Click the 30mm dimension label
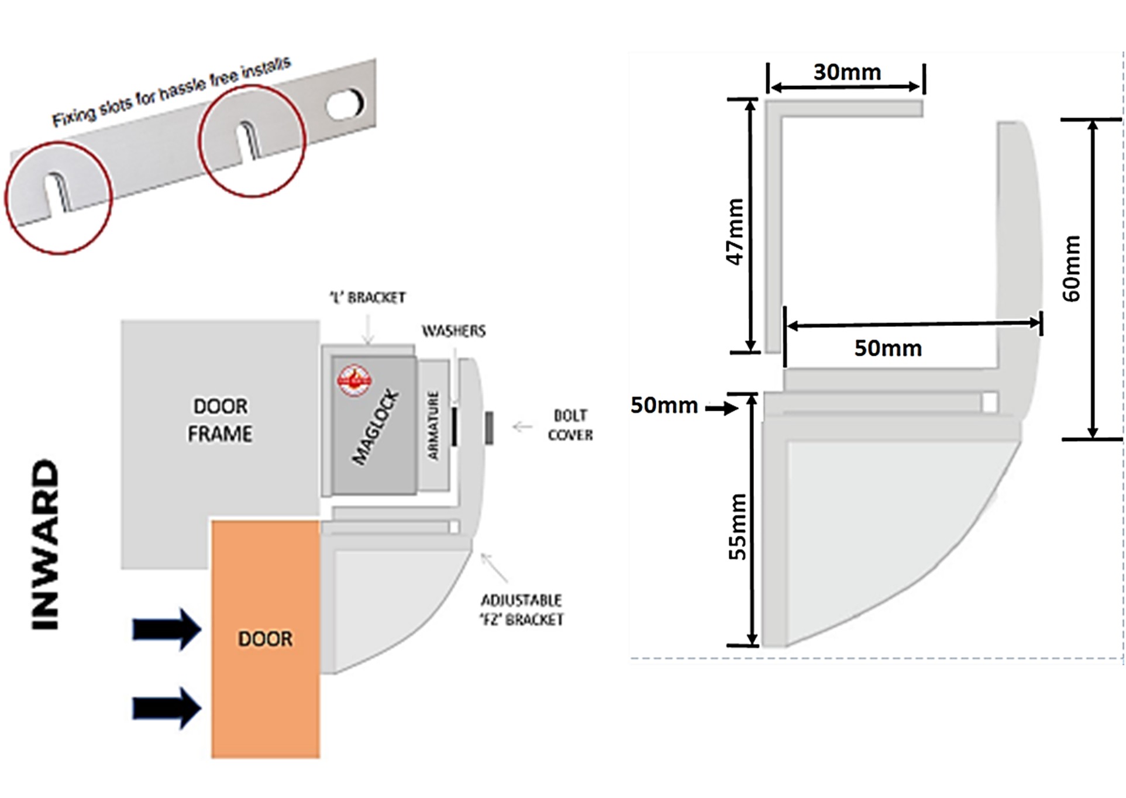tap(847, 72)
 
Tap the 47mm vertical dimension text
tap(735, 232)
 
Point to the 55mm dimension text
tap(737, 527)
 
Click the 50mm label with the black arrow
tap(664, 405)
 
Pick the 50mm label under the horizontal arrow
tap(888, 348)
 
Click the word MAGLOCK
tap(376, 427)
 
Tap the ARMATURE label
tap(433, 425)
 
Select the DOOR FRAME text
tap(220, 419)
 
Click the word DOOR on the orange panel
tap(265, 639)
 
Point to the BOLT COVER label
tap(570, 425)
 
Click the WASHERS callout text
tap(454, 331)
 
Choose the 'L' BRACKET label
tap(368, 298)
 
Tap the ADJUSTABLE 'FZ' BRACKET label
tap(522, 610)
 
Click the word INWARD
tap(46, 545)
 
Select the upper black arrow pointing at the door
tap(167, 630)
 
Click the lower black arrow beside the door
tap(167, 708)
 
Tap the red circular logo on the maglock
tap(354, 380)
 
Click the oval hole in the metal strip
tap(345, 104)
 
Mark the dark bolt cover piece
tap(489, 428)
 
